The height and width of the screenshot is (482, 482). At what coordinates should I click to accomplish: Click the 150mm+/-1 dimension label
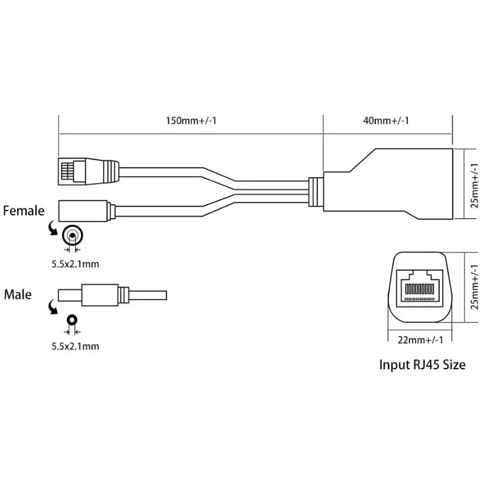(191, 120)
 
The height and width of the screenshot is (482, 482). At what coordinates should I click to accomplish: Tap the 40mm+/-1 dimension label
(386, 120)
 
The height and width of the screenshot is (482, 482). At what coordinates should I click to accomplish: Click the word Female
(23, 211)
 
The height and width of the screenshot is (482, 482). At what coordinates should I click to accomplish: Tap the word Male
(17, 295)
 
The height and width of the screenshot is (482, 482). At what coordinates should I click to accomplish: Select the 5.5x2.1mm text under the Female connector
(75, 263)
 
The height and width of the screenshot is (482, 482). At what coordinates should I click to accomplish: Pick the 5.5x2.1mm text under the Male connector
(75, 346)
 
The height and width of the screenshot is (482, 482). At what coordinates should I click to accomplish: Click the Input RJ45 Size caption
(422, 365)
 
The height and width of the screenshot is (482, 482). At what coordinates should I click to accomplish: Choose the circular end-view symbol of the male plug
(73, 320)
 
